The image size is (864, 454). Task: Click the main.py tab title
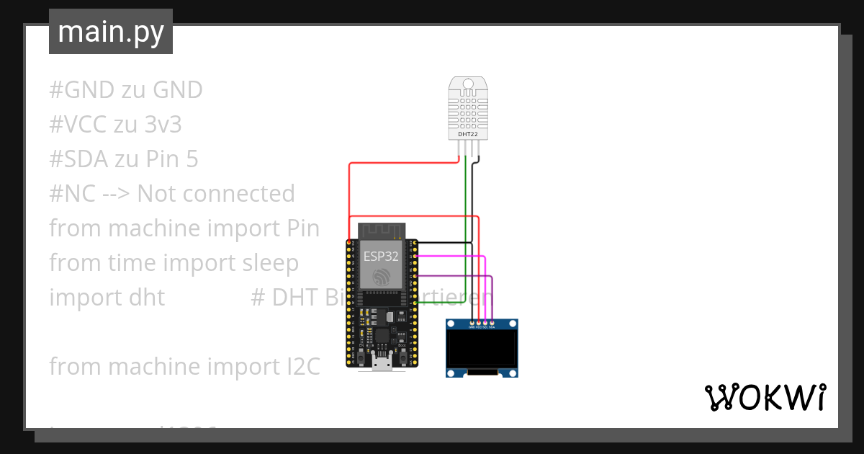click(111, 32)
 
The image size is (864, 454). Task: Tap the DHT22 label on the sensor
click(468, 134)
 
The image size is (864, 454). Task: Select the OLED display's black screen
click(482, 348)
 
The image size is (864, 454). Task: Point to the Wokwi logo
click(765, 397)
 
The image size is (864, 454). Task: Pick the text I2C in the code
click(298, 367)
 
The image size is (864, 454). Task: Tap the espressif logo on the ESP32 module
click(382, 277)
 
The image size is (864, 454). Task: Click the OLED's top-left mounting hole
click(451, 323)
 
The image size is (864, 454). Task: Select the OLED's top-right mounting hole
click(513, 323)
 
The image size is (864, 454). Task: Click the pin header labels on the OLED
click(482, 327)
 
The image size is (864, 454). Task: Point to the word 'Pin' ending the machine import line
click(299, 228)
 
